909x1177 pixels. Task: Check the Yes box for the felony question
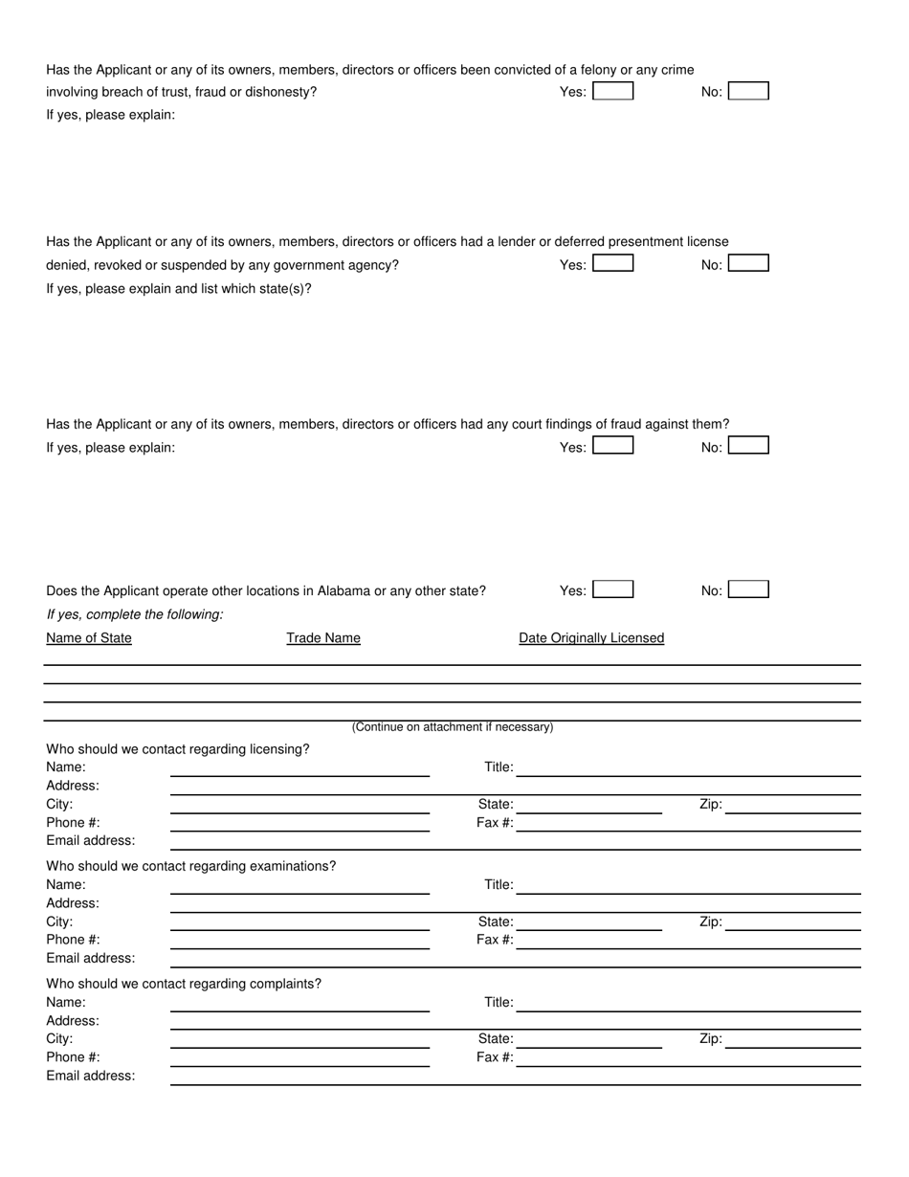coord(612,92)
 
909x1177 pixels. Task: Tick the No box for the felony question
coord(748,92)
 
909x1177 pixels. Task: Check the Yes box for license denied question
coord(612,263)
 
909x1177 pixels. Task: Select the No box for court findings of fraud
coord(748,446)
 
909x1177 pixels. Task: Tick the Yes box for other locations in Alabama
coord(612,589)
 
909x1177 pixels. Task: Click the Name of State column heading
coord(89,638)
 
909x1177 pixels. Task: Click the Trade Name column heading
coord(323,638)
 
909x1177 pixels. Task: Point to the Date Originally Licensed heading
coord(591,638)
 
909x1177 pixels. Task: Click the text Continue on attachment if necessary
coord(452,727)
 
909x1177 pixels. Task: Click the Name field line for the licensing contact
coord(299,768)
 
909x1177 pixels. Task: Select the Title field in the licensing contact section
coord(688,768)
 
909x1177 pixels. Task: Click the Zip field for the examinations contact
coord(793,922)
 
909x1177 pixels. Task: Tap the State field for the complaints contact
coord(588,1040)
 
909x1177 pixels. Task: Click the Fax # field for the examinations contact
coord(688,941)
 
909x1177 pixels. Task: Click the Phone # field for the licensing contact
coord(299,824)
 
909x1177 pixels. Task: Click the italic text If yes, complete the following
coord(135,614)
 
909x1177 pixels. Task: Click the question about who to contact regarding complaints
coord(184,984)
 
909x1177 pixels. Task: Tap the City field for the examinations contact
coord(299,922)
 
